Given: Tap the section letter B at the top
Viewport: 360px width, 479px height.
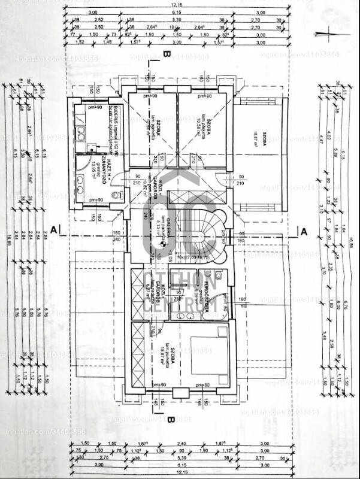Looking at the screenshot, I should tap(167, 53).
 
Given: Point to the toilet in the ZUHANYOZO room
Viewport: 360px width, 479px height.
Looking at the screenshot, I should tap(116, 195).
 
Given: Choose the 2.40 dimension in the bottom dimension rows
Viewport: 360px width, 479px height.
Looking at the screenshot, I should tap(180, 444).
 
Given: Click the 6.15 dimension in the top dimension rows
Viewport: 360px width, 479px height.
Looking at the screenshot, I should tap(180, 12).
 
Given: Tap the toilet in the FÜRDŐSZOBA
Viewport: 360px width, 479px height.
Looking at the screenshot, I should tap(217, 276).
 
